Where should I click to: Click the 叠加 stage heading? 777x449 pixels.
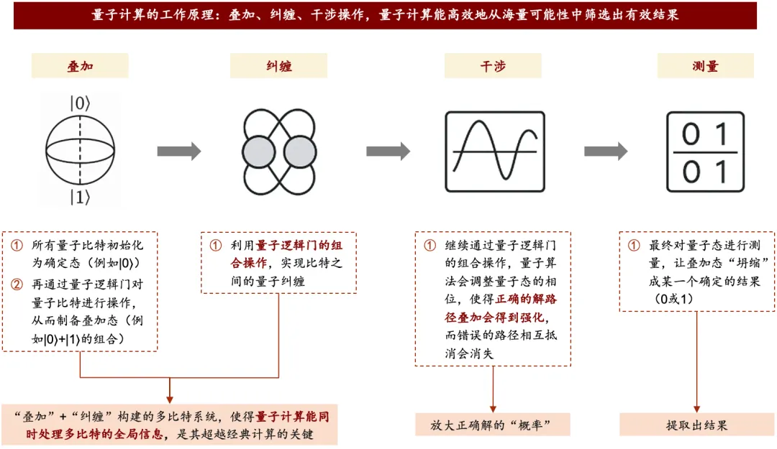(x=79, y=66)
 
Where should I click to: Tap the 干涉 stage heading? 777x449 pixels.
(x=492, y=66)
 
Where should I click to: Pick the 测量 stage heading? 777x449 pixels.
(x=705, y=66)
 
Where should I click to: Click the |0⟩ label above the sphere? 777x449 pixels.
(x=80, y=103)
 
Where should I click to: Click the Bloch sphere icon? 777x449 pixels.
(x=80, y=152)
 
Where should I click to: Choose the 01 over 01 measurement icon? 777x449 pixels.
(x=705, y=152)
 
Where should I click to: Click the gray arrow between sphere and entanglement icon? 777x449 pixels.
(x=179, y=152)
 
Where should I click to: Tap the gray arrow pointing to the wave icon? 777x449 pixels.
(x=388, y=152)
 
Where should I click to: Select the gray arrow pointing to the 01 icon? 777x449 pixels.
(x=605, y=152)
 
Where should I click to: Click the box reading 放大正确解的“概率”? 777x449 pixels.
(x=493, y=425)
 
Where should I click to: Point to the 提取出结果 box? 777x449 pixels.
(x=696, y=425)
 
